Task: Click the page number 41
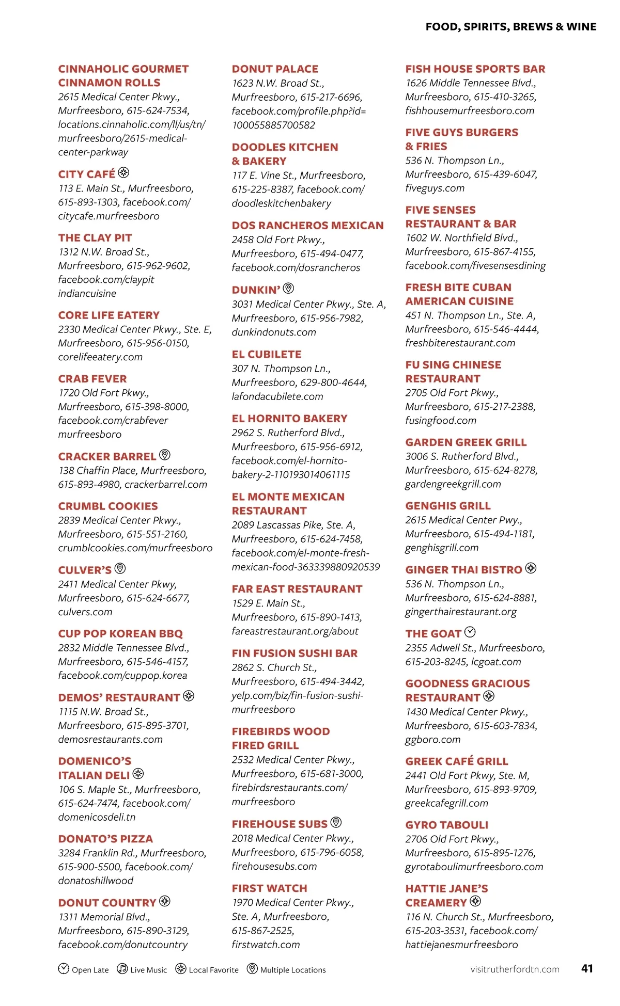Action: click(x=587, y=968)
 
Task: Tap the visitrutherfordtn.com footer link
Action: click(x=515, y=969)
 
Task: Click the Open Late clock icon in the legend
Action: click(x=64, y=968)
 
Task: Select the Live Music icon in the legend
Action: click(x=122, y=968)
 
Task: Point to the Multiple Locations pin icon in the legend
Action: click(x=252, y=968)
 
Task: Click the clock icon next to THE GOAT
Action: click(x=470, y=632)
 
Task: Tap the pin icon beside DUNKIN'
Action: click(x=288, y=289)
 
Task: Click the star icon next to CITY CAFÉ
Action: click(x=123, y=173)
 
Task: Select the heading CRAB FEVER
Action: click(x=92, y=379)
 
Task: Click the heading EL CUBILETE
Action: click(x=267, y=355)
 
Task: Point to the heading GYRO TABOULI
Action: click(x=447, y=825)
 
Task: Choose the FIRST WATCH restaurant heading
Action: click(x=269, y=888)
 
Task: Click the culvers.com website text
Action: click(x=85, y=612)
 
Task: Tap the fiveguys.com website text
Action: click(x=435, y=188)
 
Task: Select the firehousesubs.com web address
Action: click(x=274, y=866)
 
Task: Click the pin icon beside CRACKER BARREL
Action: click(x=165, y=455)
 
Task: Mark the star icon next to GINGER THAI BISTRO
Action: click(x=531, y=569)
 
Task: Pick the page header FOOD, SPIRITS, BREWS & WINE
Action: click(x=511, y=27)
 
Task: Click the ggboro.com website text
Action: click(x=433, y=740)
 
